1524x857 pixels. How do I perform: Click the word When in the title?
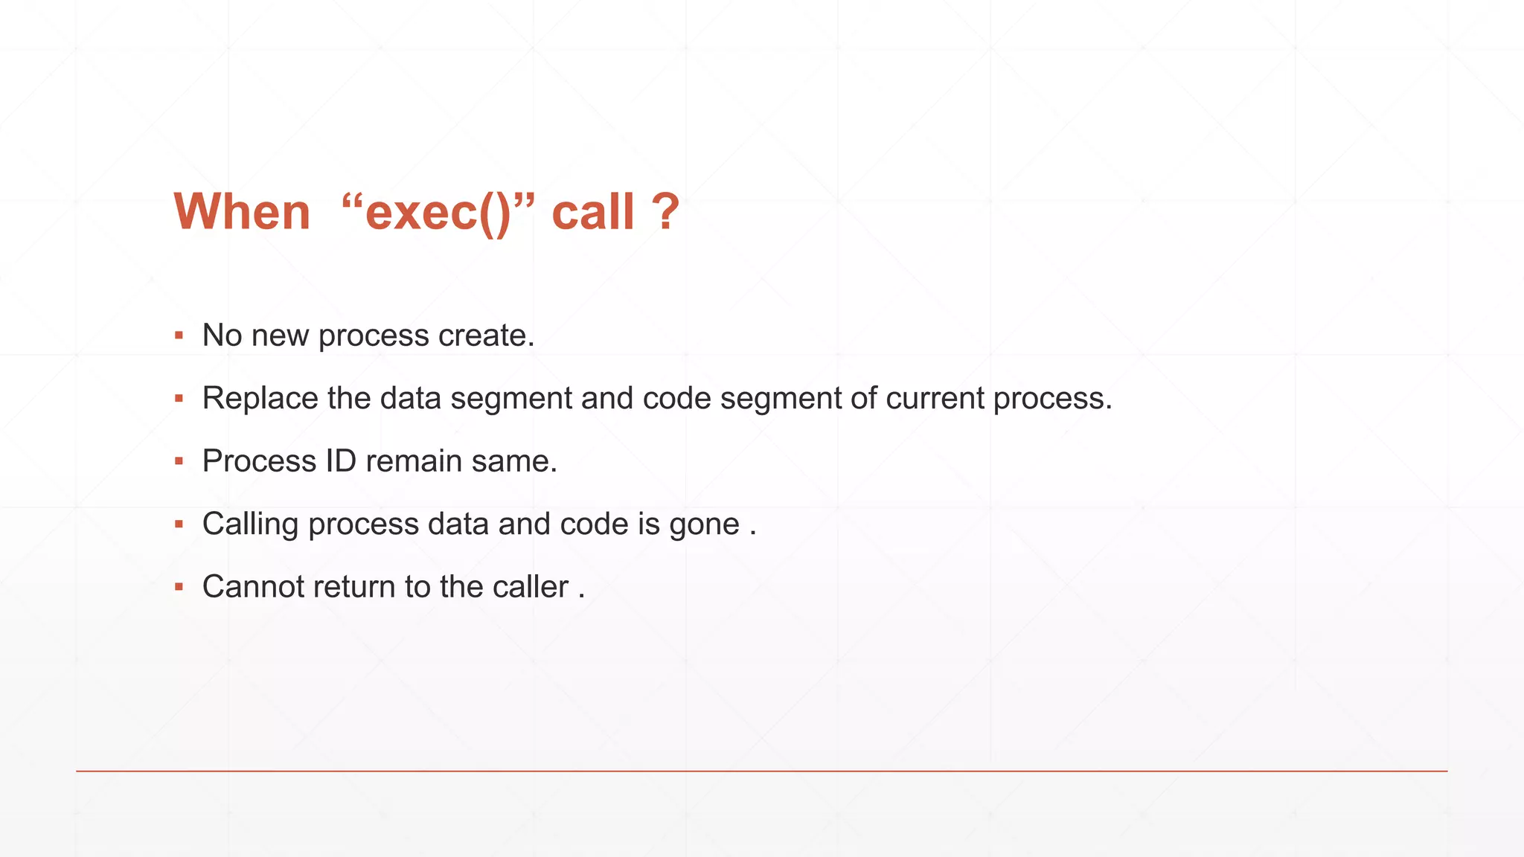[x=242, y=212]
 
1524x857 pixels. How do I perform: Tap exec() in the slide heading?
[x=438, y=213]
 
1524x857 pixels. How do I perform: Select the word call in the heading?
[x=592, y=212]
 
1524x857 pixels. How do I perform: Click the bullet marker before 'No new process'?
[x=179, y=336]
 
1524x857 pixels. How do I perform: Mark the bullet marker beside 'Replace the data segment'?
[x=179, y=399]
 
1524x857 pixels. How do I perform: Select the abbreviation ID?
[x=341, y=461]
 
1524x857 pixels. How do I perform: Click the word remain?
[x=414, y=461]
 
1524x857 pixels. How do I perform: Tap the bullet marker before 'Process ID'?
[x=179, y=461]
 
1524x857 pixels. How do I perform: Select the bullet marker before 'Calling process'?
[x=179, y=524]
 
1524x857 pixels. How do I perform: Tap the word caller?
[x=530, y=587]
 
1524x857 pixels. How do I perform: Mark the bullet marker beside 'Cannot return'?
[x=179, y=587]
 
